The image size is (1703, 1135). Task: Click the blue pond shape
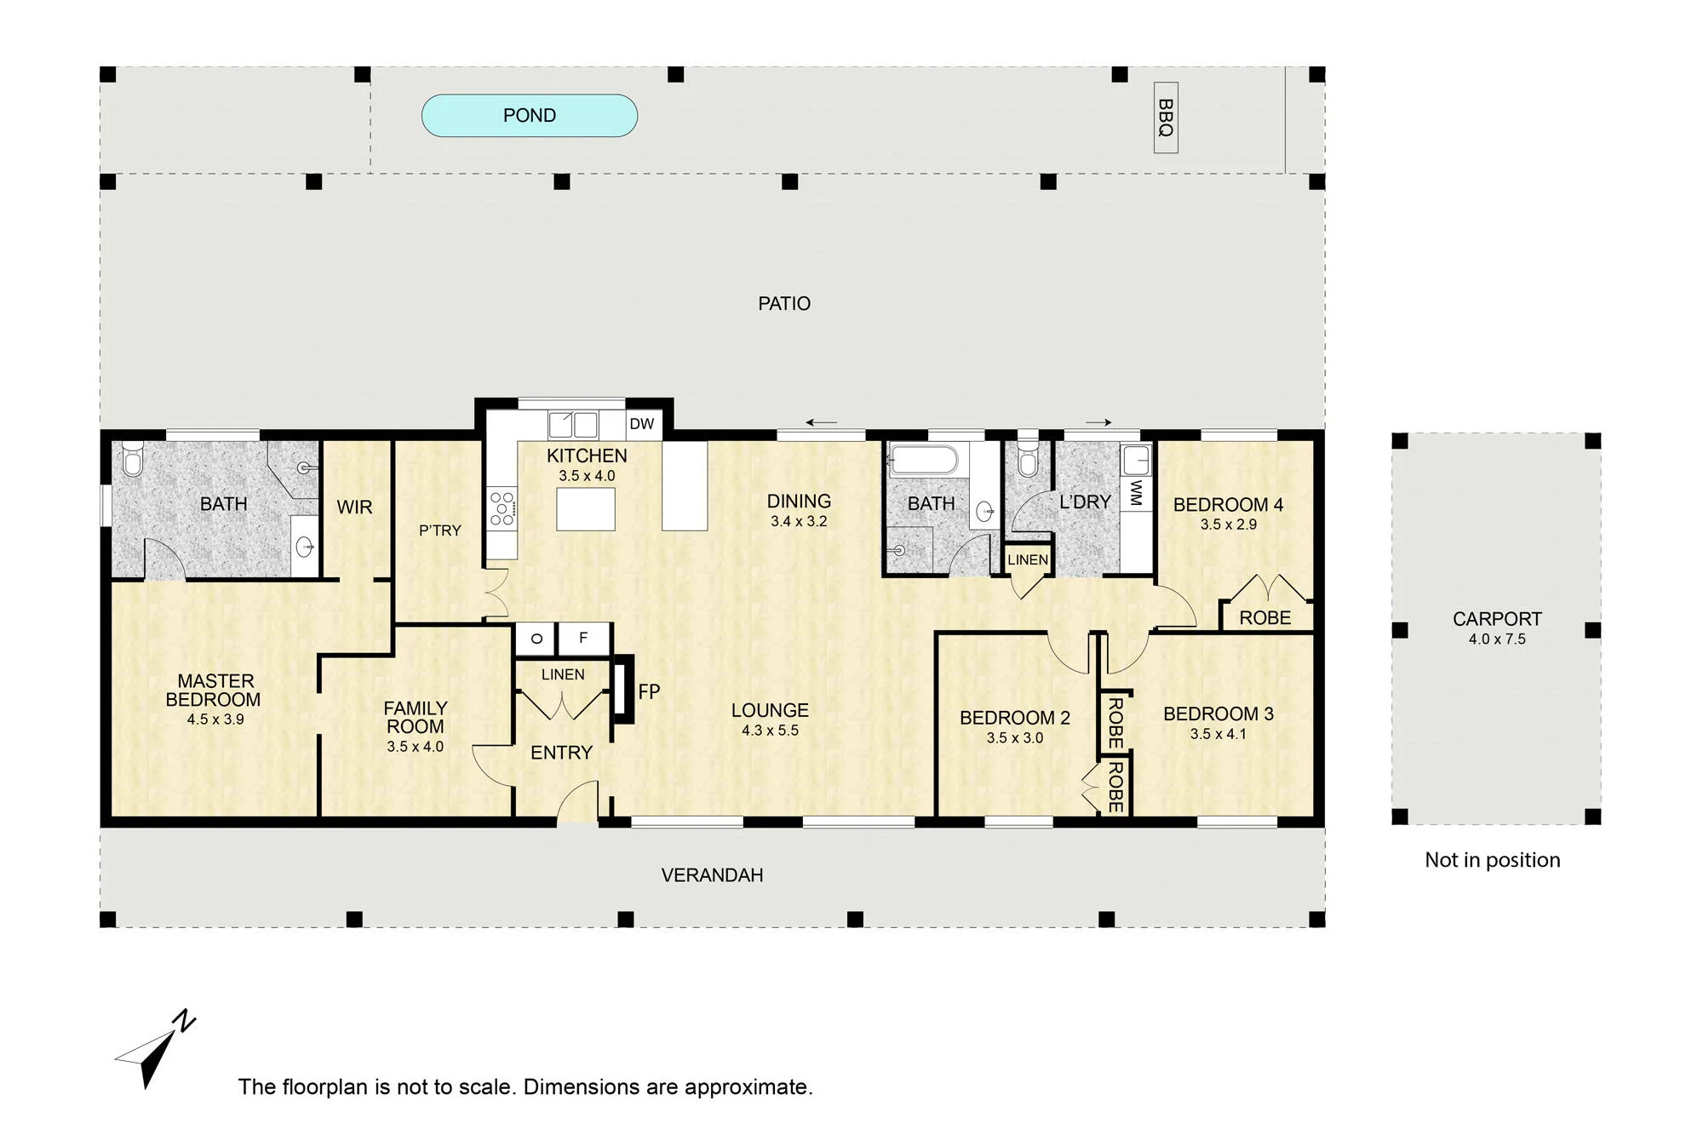530,116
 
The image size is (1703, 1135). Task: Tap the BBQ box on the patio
1166,118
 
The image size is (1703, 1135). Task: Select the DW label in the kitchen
642,424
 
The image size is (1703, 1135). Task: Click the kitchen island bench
586,509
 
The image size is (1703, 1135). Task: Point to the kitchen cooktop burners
502,508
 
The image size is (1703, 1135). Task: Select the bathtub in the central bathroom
924,461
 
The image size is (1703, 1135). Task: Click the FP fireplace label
649,692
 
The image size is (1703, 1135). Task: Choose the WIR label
354,507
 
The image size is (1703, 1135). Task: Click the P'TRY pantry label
440,530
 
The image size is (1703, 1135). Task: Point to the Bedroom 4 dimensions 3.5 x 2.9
1229,525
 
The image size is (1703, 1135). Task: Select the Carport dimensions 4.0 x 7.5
1497,639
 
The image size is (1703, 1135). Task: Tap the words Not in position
1493,860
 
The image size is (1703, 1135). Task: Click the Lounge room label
770,710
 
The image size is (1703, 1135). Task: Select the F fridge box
583,639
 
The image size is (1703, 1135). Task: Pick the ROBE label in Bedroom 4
1265,618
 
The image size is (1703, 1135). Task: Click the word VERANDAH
712,875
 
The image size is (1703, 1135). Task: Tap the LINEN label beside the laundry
1028,560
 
